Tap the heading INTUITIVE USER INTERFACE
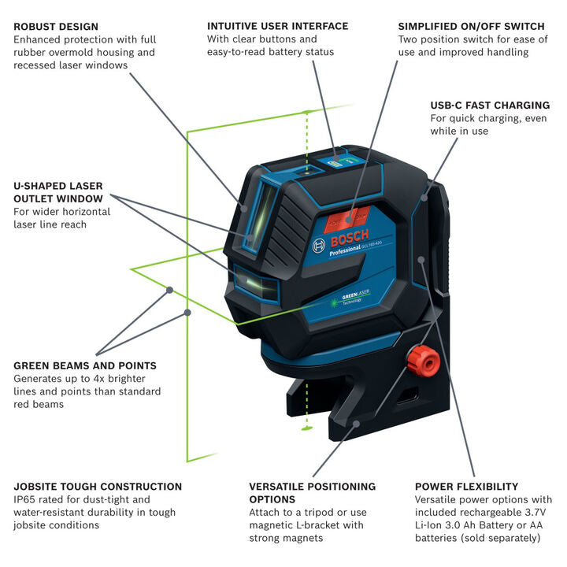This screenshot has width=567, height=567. click(x=277, y=26)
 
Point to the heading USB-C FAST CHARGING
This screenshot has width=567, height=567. click(x=489, y=105)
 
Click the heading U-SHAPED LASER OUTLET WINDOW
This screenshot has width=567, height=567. click(x=58, y=192)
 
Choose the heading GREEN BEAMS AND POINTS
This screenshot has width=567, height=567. click(x=85, y=365)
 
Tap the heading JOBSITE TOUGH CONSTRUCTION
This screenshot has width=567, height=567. click(x=98, y=487)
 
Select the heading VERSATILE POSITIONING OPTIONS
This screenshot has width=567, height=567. click(x=312, y=493)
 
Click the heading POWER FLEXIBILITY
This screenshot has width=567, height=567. click(x=466, y=487)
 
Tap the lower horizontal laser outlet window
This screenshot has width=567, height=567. click(x=256, y=284)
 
